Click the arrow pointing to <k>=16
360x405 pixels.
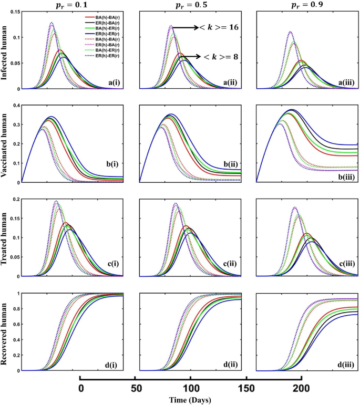[x=183, y=27]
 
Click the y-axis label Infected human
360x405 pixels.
[x=5, y=50]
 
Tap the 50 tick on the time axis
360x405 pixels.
[x=136, y=388]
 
